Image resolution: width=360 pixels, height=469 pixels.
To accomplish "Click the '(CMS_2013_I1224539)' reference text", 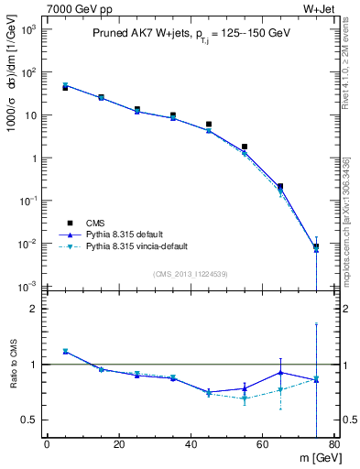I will click(x=191, y=273).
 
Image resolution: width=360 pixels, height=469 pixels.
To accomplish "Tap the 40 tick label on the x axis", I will click(x=191, y=447).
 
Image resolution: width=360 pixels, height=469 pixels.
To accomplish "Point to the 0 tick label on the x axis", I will click(x=47, y=447).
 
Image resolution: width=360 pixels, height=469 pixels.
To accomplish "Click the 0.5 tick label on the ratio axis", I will click(x=30, y=420).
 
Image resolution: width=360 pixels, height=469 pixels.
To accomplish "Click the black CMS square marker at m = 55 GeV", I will click(x=245, y=147).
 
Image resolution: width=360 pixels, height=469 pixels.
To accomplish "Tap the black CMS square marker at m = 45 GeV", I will click(x=209, y=124).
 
